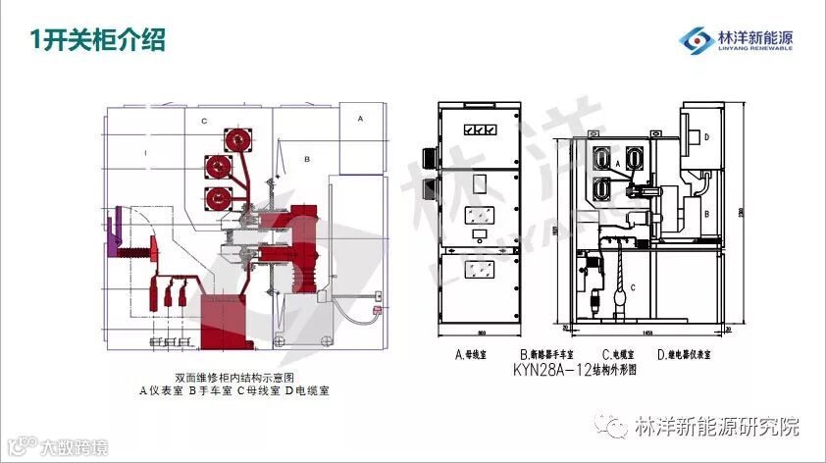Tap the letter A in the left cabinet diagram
tap(360, 118)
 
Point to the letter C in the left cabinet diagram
tap(203, 121)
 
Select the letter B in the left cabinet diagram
tap(306, 158)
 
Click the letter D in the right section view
tap(706, 137)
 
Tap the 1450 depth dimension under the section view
tap(648, 333)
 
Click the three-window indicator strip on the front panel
tap(480, 129)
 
